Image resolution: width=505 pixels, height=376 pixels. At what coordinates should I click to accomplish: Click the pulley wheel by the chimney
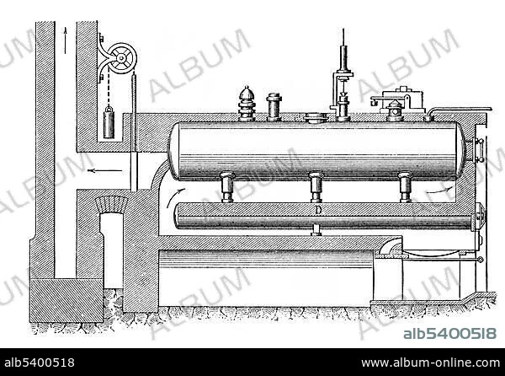click(121, 58)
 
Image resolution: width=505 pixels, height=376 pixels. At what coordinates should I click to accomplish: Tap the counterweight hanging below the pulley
click(109, 122)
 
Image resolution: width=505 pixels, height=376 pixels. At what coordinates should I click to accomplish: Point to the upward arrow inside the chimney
click(66, 40)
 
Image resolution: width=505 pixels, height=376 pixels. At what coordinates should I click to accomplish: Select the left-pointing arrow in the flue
click(105, 170)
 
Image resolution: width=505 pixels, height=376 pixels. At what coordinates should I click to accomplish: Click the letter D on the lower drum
click(318, 210)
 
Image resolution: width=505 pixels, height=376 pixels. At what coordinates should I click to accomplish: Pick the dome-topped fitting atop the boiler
click(247, 104)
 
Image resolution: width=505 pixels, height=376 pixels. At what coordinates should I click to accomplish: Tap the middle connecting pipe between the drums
click(316, 187)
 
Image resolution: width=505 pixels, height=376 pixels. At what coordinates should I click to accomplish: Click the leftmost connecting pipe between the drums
click(227, 187)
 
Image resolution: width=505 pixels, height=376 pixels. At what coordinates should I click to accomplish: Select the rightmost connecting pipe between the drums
click(405, 187)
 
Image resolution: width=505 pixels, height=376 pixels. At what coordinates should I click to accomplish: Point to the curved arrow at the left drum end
click(174, 196)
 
